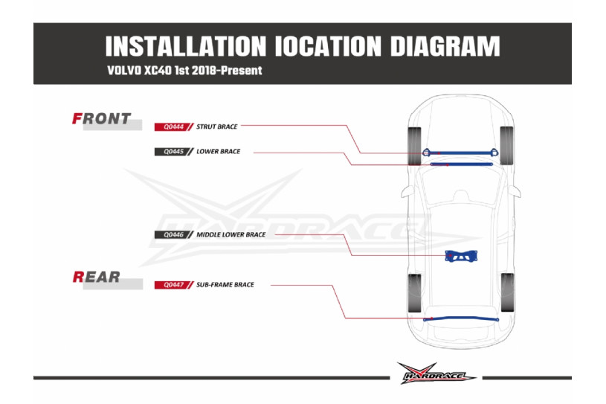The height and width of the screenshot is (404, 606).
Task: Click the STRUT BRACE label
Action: coord(217,127)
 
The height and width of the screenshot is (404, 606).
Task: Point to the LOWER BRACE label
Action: coord(219,152)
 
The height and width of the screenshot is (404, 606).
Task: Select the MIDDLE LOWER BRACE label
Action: coord(231,235)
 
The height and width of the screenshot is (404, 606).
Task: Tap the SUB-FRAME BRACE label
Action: coord(225,285)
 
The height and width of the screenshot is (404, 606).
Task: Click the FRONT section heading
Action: coord(101,118)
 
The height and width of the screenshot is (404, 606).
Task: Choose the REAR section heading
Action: coord(97,277)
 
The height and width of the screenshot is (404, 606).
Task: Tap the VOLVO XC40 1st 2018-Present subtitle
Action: coord(184,71)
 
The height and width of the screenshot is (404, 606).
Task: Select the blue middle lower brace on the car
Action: coord(462,257)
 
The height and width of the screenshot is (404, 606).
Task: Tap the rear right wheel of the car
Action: coord(508,292)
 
